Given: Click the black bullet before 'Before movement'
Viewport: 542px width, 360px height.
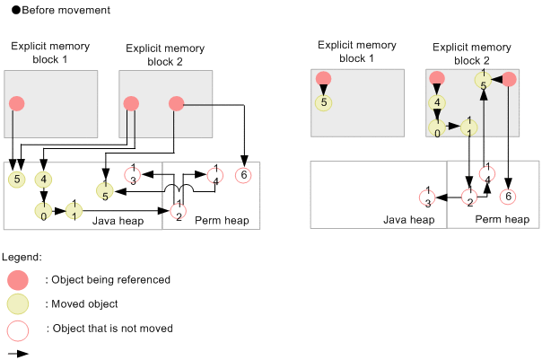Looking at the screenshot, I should (7, 10).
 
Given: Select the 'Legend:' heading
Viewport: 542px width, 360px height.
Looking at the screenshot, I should (22, 258).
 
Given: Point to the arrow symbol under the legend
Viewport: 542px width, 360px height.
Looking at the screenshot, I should (17, 353).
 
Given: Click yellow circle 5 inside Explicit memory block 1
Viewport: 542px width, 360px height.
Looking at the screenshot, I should (324, 101).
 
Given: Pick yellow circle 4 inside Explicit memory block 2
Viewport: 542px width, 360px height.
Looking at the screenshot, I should (438, 102).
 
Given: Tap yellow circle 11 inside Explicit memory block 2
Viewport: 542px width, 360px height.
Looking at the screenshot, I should (468, 126).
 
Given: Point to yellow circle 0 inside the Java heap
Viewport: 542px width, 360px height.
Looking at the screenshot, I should (42, 212).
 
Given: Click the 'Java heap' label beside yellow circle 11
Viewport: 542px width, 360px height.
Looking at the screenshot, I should (115, 220).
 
